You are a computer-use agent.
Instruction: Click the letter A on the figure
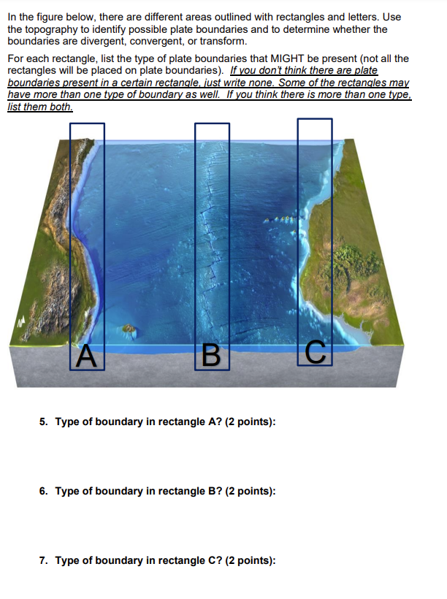point(86,356)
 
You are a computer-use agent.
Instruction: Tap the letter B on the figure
point(210,356)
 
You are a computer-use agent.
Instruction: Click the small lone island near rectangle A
point(129,331)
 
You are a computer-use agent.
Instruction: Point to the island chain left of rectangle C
point(280,219)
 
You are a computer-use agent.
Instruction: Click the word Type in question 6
point(66,492)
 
